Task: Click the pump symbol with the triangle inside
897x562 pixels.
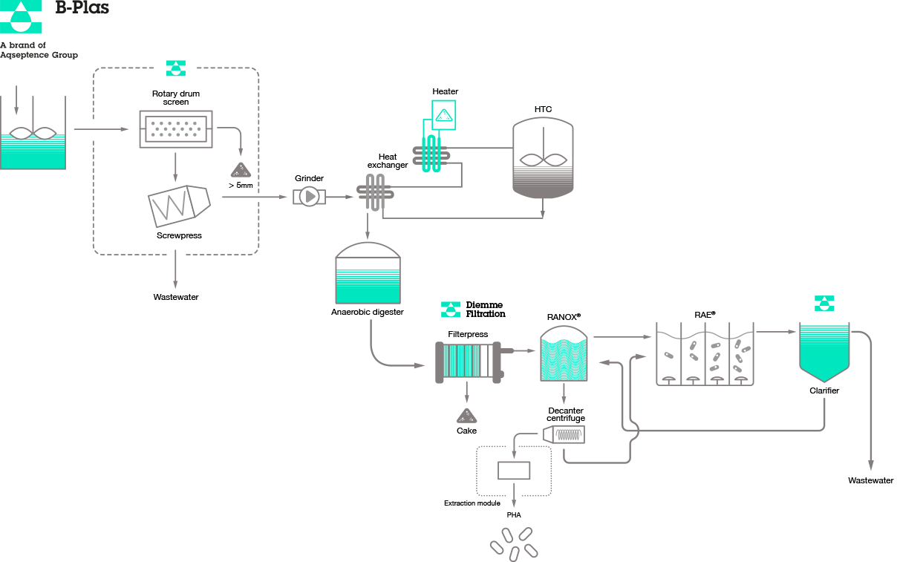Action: pyautogui.click(x=309, y=197)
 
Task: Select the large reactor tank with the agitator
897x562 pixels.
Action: pyautogui.click(x=543, y=158)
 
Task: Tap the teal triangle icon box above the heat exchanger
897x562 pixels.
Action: pyautogui.click(x=444, y=114)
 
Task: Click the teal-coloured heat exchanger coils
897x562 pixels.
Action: pyautogui.click(x=431, y=154)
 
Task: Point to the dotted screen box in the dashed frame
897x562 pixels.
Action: pyautogui.click(x=176, y=129)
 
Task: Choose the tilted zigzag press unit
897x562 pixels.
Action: pyautogui.click(x=179, y=205)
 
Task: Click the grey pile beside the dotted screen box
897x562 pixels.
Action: pyautogui.click(x=241, y=170)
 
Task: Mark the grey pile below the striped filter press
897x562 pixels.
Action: pyautogui.click(x=466, y=416)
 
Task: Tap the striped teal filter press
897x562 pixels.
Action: pyautogui.click(x=468, y=362)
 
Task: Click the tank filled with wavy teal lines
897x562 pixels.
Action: pyautogui.click(x=564, y=354)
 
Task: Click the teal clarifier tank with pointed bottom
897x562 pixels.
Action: pyautogui.click(x=824, y=351)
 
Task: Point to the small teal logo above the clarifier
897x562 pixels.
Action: pyautogui.click(x=824, y=303)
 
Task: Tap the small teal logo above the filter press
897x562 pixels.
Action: pyautogui.click(x=451, y=310)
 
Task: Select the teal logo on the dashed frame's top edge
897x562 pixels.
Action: pyautogui.click(x=175, y=68)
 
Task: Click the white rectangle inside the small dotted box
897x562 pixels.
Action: pyautogui.click(x=514, y=471)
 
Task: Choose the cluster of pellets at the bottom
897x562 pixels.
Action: pyautogui.click(x=514, y=543)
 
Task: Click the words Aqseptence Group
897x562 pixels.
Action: pyautogui.click(x=39, y=55)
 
